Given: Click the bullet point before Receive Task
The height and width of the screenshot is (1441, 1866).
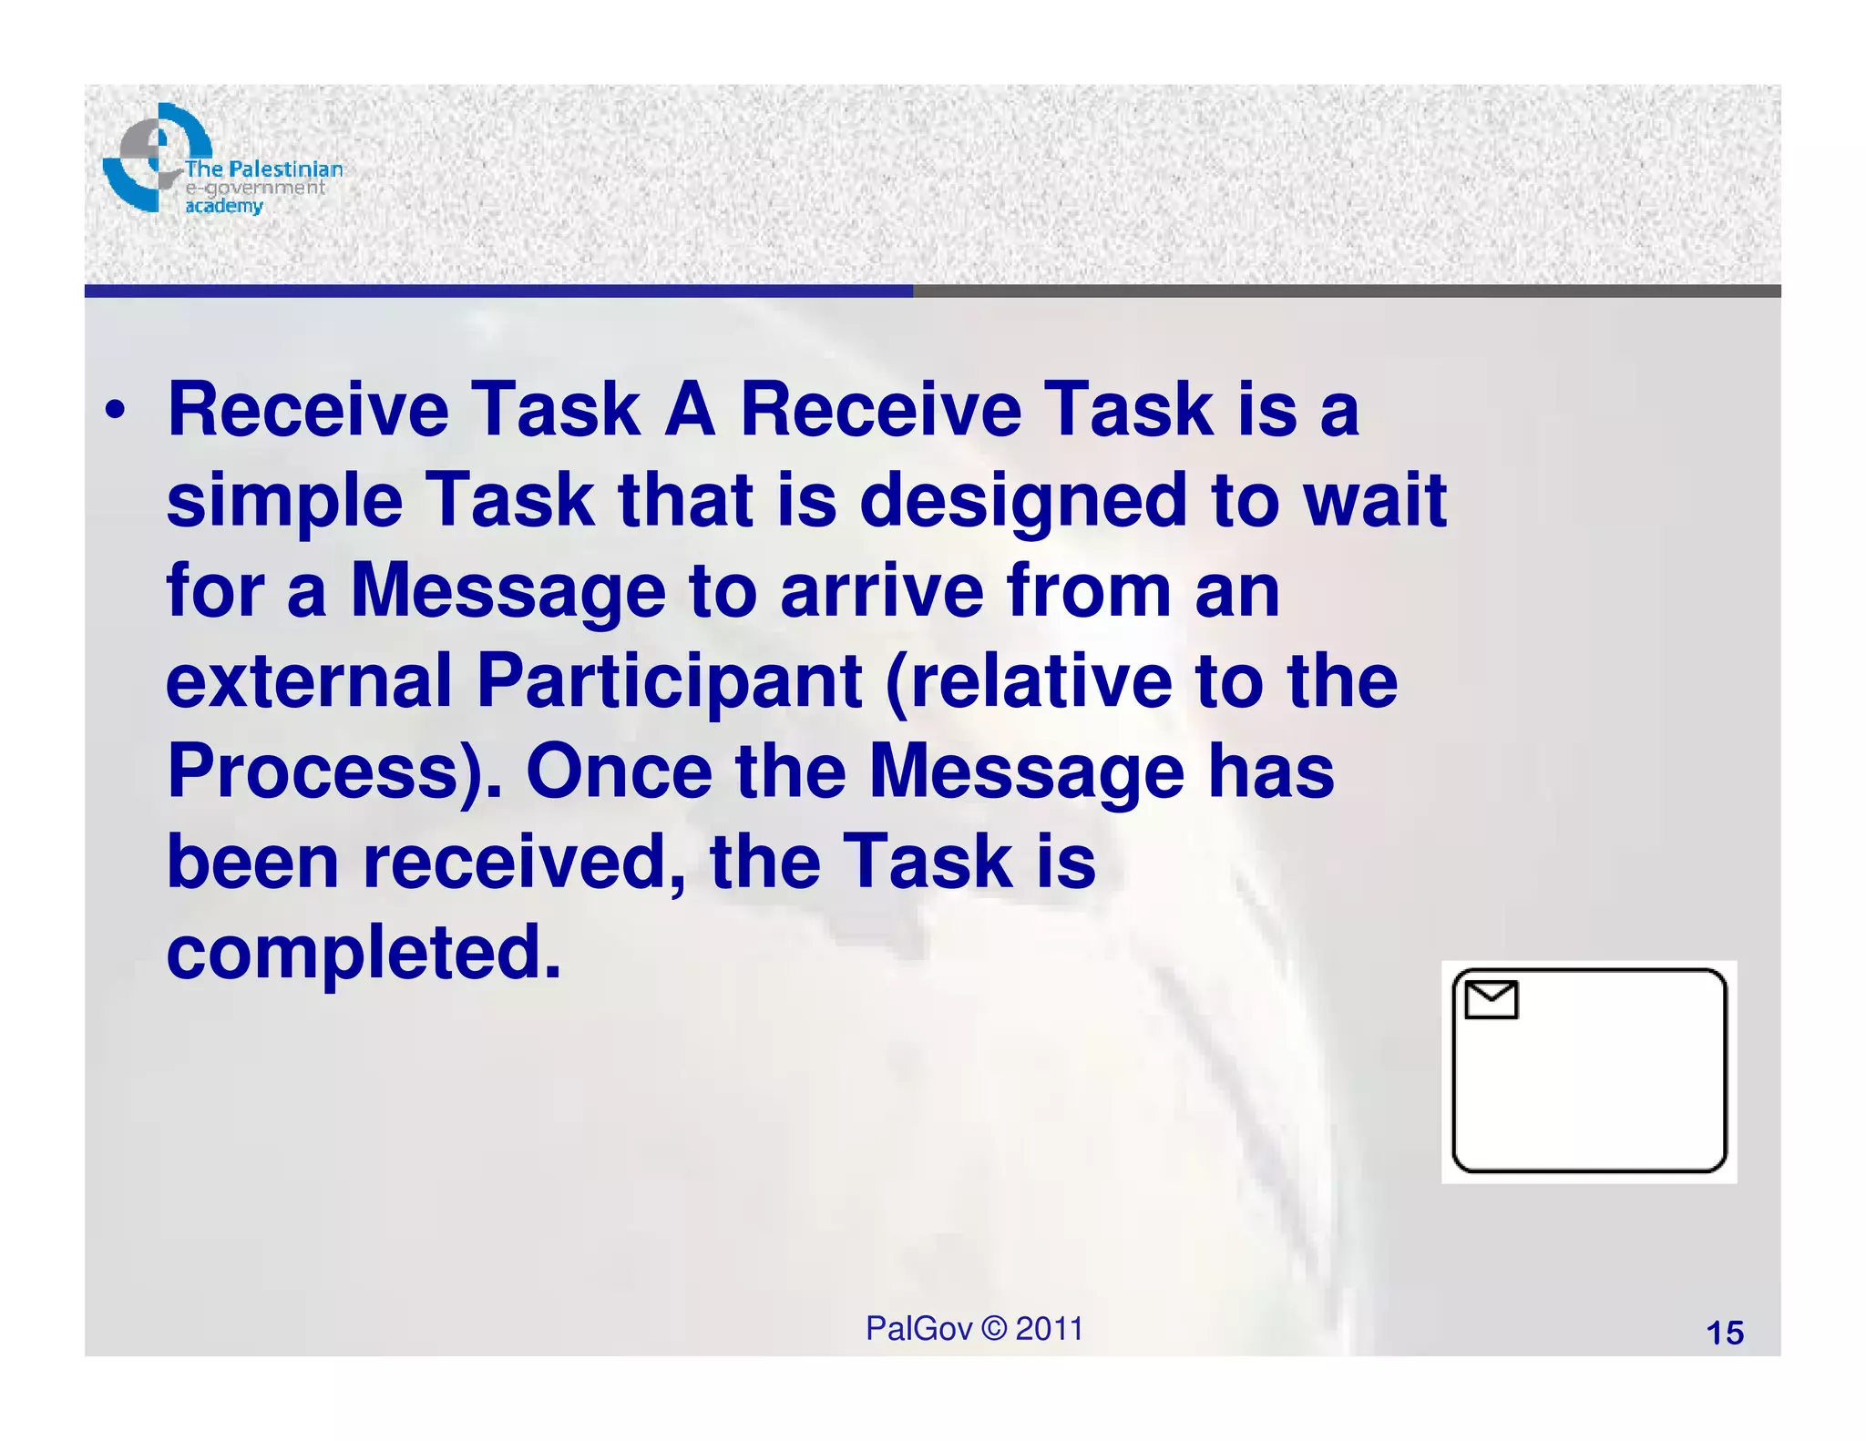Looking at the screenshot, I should [114, 412].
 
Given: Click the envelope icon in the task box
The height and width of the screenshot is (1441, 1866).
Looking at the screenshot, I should [1491, 999].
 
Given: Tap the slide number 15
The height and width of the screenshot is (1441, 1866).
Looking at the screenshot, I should [1724, 1333].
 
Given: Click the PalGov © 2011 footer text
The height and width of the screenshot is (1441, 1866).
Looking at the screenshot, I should [973, 1328].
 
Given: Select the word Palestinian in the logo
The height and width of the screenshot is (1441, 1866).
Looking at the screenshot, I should [285, 169].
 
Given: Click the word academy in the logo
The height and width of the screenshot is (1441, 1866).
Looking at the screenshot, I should [223, 206].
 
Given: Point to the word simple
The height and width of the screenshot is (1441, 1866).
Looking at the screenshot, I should [284, 503].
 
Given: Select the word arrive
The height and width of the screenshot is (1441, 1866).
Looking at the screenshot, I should [882, 591].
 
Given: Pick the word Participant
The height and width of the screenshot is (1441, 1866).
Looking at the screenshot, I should [669, 683].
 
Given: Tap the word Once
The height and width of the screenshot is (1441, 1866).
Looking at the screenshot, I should [619, 771].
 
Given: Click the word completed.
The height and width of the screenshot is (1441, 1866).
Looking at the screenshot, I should [364, 954].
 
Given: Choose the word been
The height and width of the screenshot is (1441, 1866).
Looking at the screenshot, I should [252, 862].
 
